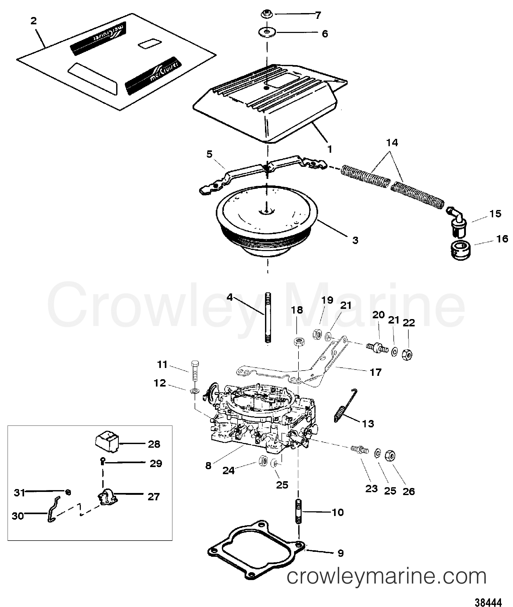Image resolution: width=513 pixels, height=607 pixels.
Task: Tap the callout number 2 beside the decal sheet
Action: tap(34, 21)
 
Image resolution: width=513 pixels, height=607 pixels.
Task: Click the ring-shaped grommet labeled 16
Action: tap(461, 250)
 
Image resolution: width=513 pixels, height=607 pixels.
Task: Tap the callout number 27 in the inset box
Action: tap(153, 497)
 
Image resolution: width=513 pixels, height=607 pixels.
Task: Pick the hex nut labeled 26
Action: tap(390, 456)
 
